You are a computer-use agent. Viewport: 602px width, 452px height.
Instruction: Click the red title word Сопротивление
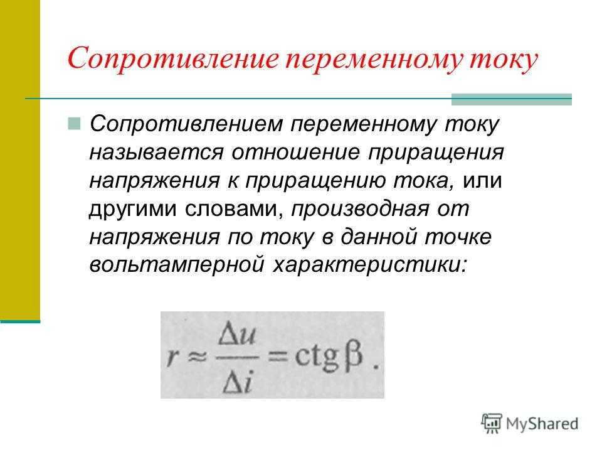[173, 58]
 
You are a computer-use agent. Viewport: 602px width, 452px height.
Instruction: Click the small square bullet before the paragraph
[74, 124]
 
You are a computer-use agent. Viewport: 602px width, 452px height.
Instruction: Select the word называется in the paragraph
[156, 153]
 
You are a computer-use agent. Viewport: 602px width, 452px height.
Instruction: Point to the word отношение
[295, 153]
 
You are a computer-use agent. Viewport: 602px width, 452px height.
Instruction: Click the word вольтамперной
[177, 265]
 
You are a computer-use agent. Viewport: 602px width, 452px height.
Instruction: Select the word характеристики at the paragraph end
[371, 265]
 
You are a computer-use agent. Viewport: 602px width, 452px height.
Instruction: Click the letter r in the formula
[173, 357]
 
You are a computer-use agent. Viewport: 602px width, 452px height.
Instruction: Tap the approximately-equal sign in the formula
[197, 357]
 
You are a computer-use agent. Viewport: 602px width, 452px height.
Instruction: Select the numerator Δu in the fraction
[236, 335]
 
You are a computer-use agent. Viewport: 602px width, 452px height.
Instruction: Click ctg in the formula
[317, 358]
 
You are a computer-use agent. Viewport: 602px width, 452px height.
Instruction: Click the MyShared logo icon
[492, 423]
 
